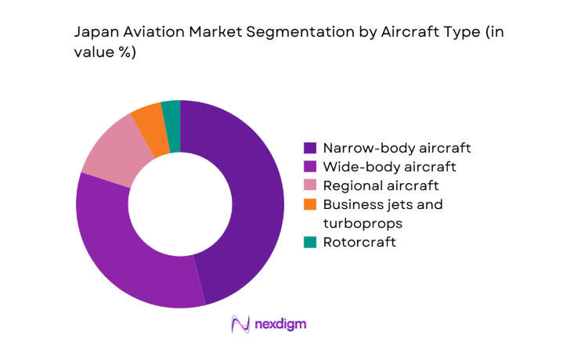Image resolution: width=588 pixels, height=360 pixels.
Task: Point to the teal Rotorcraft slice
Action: [x=171, y=113]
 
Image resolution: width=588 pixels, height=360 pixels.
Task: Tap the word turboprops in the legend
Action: [x=362, y=223]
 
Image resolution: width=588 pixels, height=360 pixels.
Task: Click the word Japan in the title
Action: [x=94, y=34]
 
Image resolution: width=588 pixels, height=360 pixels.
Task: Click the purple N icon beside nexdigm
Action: [x=240, y=324]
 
